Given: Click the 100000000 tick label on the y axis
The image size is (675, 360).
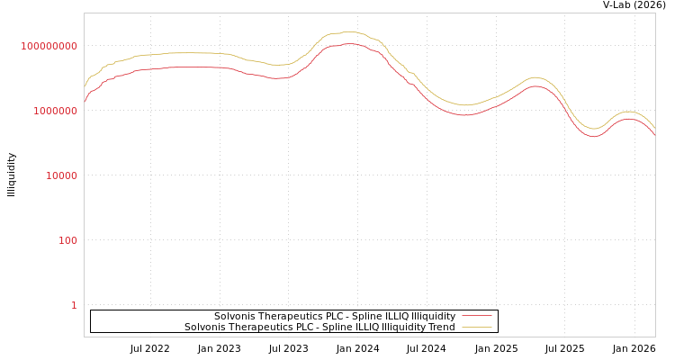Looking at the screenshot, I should click(x=49, y=46).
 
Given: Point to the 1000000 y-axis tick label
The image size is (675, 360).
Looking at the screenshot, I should click(x=56, y=111).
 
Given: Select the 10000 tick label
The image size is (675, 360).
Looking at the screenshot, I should click(x=62, y=175).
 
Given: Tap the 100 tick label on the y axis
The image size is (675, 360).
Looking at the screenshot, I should click(x=68, y=240).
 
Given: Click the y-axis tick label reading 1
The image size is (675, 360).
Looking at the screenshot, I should click(x=74, y=305).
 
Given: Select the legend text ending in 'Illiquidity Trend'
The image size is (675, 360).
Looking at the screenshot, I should click(x=319, y=328).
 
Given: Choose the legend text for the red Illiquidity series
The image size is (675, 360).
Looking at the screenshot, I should click(x=335, y=317).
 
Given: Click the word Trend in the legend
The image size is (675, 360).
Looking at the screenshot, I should click(x=441, y=328).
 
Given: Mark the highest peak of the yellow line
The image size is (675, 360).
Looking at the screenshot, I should click(x=347, y=31).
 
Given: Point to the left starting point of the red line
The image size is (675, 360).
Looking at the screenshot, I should click(x=85, y=102).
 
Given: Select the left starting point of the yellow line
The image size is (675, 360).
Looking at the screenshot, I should click(x=85, y=87).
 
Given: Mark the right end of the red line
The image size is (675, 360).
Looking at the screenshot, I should click(x=654, y=135).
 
